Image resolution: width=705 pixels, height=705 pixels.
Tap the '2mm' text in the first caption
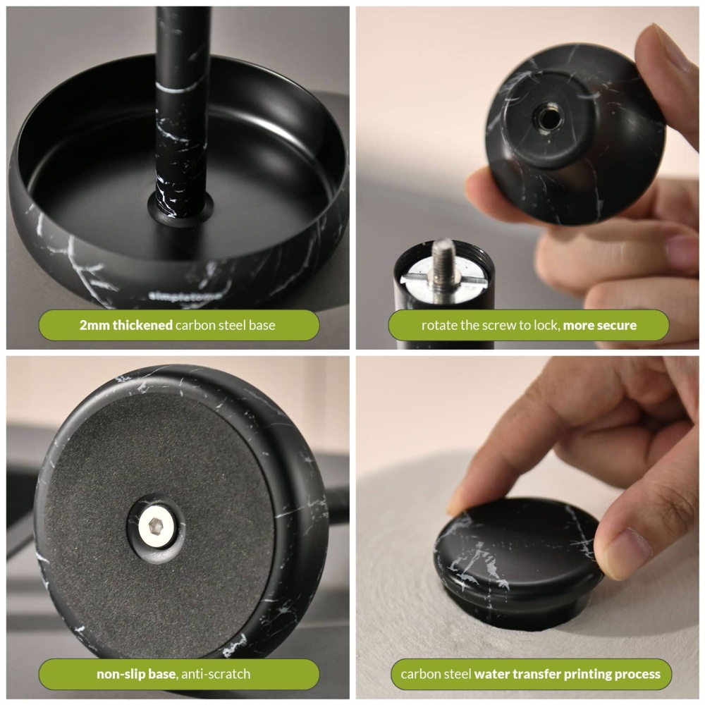94,326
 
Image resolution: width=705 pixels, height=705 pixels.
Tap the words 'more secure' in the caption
599,326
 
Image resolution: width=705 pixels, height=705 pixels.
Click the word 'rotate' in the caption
438,326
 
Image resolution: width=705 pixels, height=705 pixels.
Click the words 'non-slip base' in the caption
137,674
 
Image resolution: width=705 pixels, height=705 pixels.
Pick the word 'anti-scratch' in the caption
216,674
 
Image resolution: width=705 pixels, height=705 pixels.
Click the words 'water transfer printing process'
567,674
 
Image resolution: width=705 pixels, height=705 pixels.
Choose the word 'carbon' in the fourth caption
419,674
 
